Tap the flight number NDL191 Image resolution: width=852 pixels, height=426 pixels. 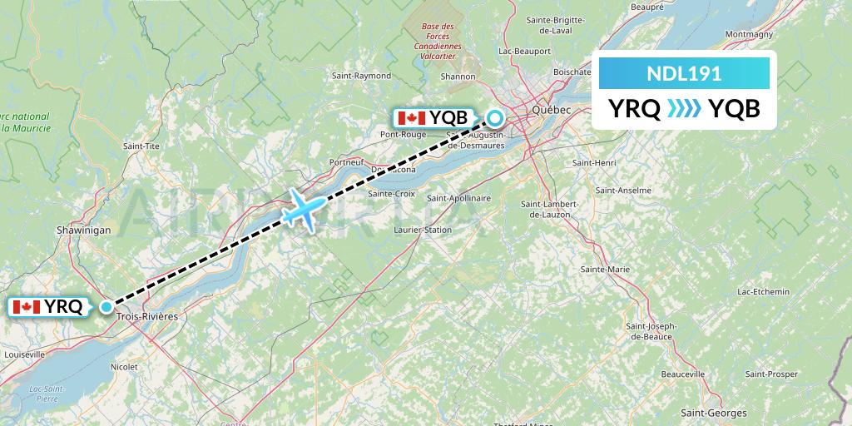click(684, 73)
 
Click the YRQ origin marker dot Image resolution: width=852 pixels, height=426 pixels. click(106, 306)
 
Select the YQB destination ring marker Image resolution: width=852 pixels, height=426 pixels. click(495, 118)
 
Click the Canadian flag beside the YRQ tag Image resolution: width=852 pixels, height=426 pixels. click(27, 307)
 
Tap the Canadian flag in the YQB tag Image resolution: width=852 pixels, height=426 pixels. click(413, 118)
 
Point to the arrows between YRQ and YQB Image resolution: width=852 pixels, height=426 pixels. click(684, 108)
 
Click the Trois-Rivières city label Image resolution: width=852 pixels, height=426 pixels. click(148, 317)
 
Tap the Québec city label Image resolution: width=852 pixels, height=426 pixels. click(552, 110)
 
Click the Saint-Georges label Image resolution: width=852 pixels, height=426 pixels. click(713, 413)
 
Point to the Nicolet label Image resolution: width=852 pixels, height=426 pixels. click(124, 365)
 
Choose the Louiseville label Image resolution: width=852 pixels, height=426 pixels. click(24, 354)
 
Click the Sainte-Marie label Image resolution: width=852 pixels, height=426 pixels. click(605, 270)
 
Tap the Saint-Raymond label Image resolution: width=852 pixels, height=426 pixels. click(361, 76)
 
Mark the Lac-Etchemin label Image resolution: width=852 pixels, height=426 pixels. click(763, 291)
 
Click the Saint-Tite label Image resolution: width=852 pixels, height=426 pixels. click(141, 146)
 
